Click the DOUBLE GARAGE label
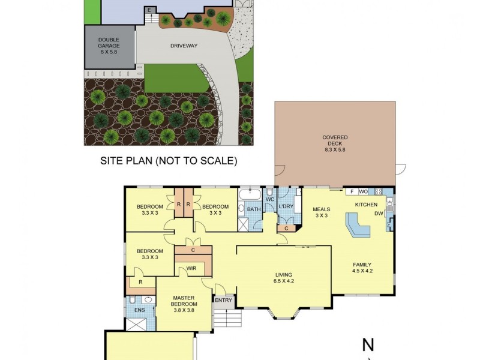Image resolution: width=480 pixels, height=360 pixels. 109,44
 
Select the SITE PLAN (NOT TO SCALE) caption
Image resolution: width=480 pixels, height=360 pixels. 169,161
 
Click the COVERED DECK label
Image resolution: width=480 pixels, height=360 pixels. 335,142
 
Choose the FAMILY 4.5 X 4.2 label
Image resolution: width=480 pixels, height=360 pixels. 362,268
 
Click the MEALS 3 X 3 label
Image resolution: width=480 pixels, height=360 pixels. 322,212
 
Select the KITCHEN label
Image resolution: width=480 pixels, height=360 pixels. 366,205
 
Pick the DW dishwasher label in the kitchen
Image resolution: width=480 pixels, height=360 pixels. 379,214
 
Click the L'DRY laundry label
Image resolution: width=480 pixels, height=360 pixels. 286,207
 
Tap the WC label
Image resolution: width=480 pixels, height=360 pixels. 270,199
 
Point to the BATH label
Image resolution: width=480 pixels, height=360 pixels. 254,210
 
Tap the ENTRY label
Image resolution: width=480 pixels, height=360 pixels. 223,300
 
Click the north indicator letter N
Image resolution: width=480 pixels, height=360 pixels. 368,345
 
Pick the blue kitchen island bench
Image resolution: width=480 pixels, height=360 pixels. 358,227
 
